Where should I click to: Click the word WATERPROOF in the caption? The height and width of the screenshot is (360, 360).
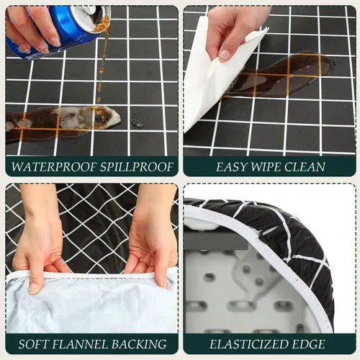(54, 167)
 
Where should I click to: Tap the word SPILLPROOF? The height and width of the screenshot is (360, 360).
(137, 167)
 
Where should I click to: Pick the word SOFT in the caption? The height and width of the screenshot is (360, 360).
(33, 344)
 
